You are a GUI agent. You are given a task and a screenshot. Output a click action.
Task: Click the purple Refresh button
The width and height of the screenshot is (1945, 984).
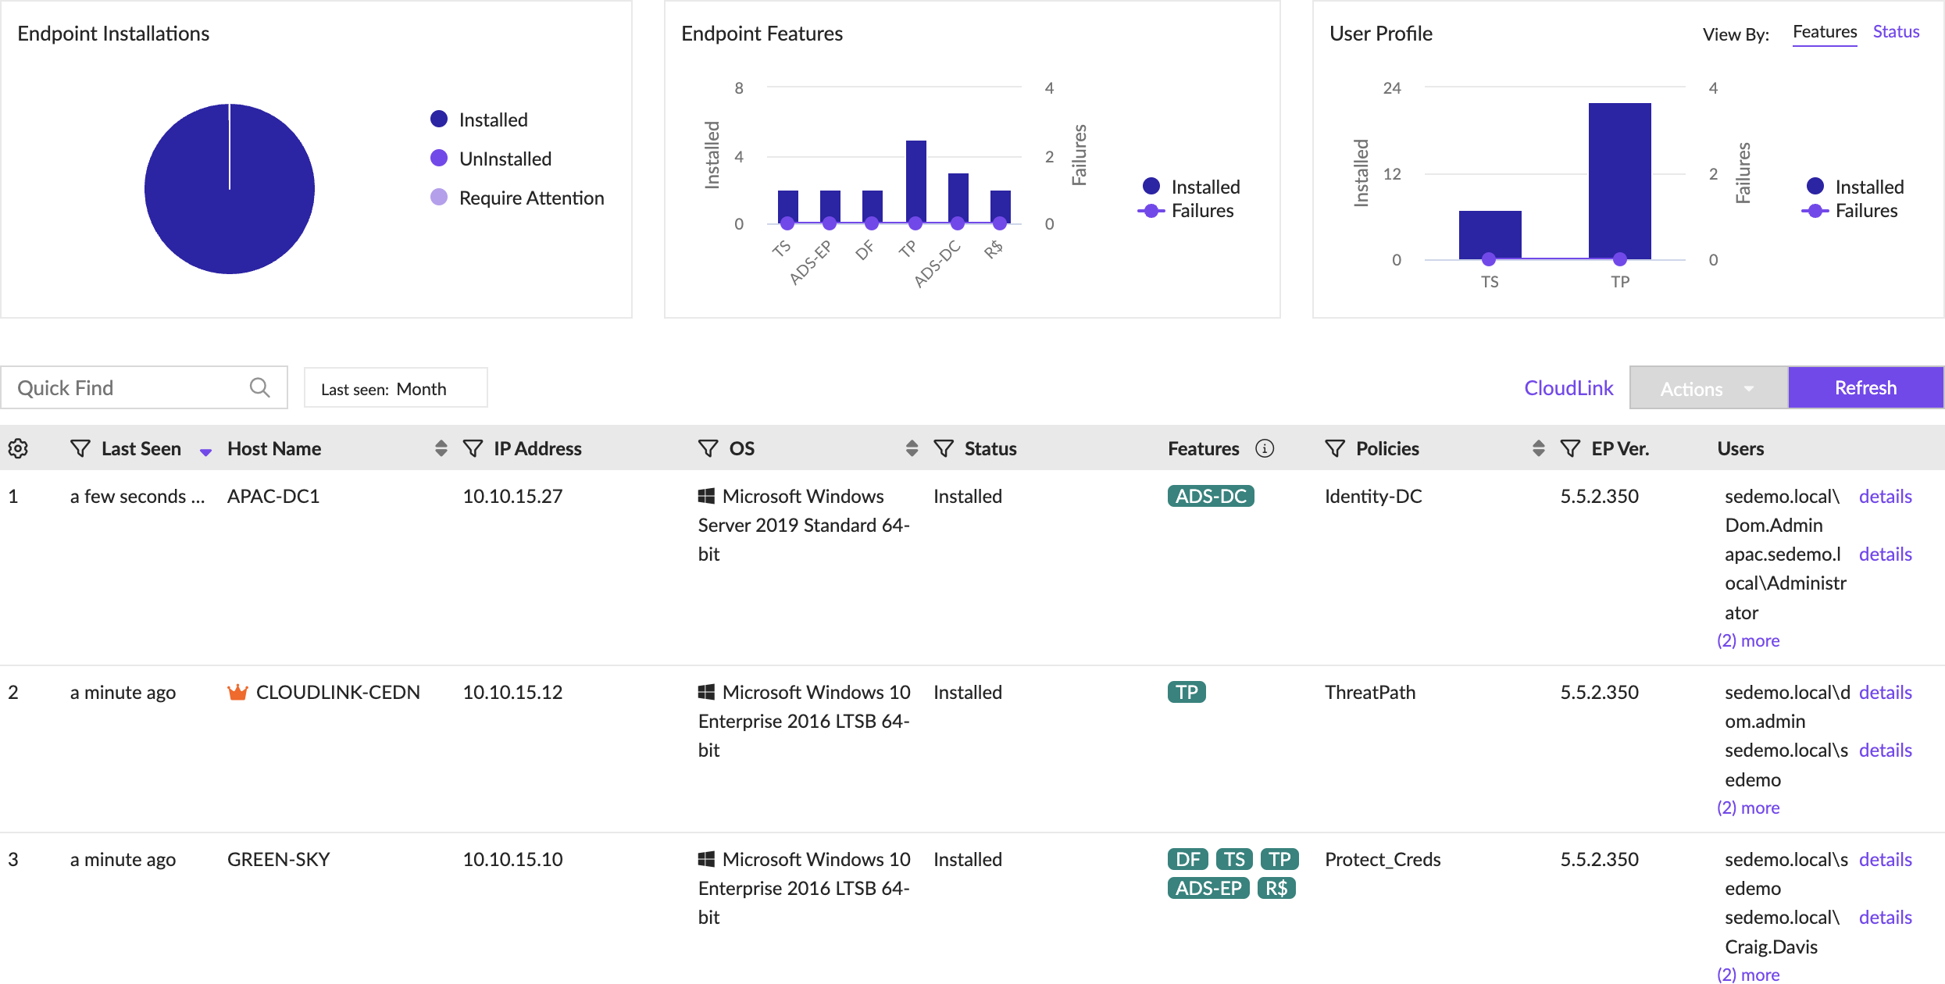pyautogui.click(x=1865, y=388)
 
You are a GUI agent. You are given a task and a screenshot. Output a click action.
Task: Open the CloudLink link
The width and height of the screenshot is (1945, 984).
pyautogui.click(x=1568, y=388)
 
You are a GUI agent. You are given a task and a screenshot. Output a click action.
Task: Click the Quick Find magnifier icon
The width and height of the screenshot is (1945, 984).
pyautogui.click(x=259, y=387)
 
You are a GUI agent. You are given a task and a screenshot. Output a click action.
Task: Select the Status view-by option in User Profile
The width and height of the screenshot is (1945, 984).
pyautogui.click(x=1896, y=32)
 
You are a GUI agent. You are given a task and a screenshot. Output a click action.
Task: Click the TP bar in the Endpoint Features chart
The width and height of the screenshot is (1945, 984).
pyautogui.click(x=915, y=182)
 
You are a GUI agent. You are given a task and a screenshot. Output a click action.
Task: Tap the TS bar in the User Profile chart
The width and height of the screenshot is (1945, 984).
pyautogui.click(x=1490, y=234)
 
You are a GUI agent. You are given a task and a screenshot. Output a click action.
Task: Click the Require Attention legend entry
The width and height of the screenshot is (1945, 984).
pyautogui.click(x=531, y=198)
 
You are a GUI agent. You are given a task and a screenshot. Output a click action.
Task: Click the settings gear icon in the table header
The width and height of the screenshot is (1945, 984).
pyautogui.click(x=18, y=448)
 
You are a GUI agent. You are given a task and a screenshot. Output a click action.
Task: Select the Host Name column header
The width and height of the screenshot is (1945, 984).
pyautogui.click(x=274, y=448)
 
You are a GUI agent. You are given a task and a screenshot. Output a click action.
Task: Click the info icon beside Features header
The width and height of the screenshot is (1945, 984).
pyautogui.click(x=1264, y=448)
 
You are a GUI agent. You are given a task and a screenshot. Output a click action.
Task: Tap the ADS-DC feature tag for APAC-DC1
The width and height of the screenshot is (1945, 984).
pyautogui.click(x=1210, y=496)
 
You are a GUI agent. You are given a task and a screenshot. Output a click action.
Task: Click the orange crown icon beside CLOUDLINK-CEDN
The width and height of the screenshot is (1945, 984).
pyautogui.click(x=237, y=692)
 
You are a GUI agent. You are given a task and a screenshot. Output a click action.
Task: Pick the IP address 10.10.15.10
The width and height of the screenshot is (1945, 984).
pyautogui.click(x=512, y=859)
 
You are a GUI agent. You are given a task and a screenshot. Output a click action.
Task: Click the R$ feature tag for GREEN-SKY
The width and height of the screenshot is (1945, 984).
pyautogui.click(x=1276, y=888)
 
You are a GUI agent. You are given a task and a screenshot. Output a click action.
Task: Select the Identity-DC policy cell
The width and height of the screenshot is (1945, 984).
pyautogui.click(x=1372, y=496)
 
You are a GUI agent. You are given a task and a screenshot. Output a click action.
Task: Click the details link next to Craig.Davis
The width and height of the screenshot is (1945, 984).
pyautogui.click(x=1885, y=918)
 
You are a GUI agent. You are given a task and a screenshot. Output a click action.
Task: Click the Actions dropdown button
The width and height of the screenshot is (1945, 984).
pyautogui.click(x=1708, y=388)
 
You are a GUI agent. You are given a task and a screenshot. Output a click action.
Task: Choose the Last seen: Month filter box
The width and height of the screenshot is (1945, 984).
pyautogui.click(x=395, y=388)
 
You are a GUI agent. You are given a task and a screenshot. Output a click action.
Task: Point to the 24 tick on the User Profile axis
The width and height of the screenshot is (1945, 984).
pyautogui.click(x=1391, y=88)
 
